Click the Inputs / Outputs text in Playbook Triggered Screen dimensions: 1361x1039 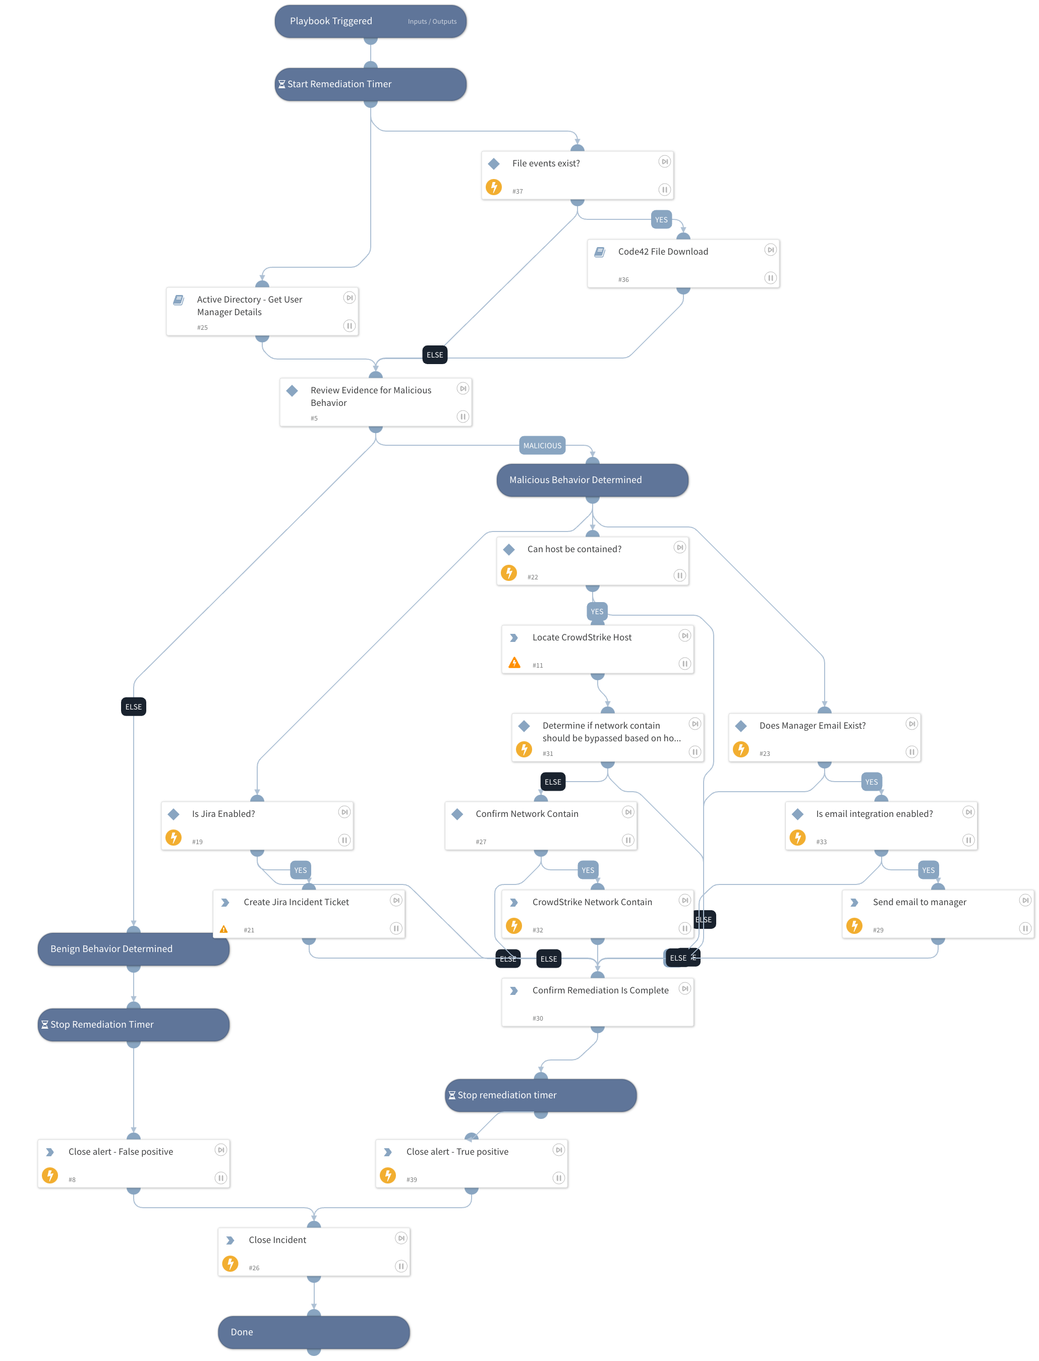(432, 22)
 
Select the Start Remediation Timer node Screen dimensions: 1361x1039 (370, 84)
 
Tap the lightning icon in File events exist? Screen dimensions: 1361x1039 (493, 187)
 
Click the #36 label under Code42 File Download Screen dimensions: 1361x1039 (623, 279)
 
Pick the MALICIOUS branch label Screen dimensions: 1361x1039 (542, 445)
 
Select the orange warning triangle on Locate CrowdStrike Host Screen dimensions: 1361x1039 (514, 664)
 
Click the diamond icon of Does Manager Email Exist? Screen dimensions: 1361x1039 (741, 726)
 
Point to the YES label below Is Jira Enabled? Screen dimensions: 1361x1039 (301, 870)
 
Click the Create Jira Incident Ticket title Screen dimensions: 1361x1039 (296, 902)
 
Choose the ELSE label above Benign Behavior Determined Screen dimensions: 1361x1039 (134, 707)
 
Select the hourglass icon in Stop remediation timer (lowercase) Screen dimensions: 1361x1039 (452, 1095)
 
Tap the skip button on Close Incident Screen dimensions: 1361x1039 (401, 1238)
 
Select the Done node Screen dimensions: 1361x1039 (314, 1332)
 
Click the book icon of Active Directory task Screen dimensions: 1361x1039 (179, 300)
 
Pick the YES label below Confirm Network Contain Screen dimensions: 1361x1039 (588, 870)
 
